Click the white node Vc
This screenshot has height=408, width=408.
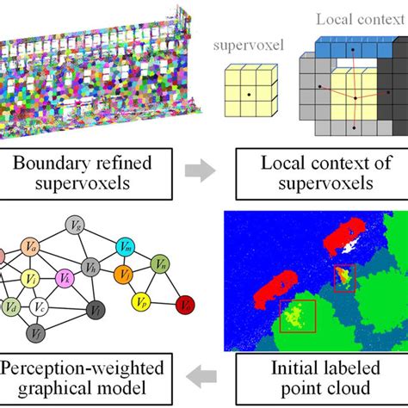point(38,305)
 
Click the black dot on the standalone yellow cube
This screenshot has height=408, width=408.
point(247,90)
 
